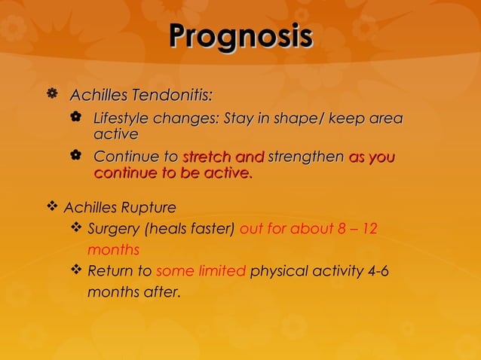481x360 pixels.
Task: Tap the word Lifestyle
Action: (121, 119)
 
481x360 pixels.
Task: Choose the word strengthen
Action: (305, 157)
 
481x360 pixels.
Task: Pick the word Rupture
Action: (150, 207)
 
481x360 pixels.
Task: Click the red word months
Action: (113, 249)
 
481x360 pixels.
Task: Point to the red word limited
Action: (222, 271)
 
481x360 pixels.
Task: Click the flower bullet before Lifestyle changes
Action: (75, 118)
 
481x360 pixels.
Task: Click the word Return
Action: (109, 271)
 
